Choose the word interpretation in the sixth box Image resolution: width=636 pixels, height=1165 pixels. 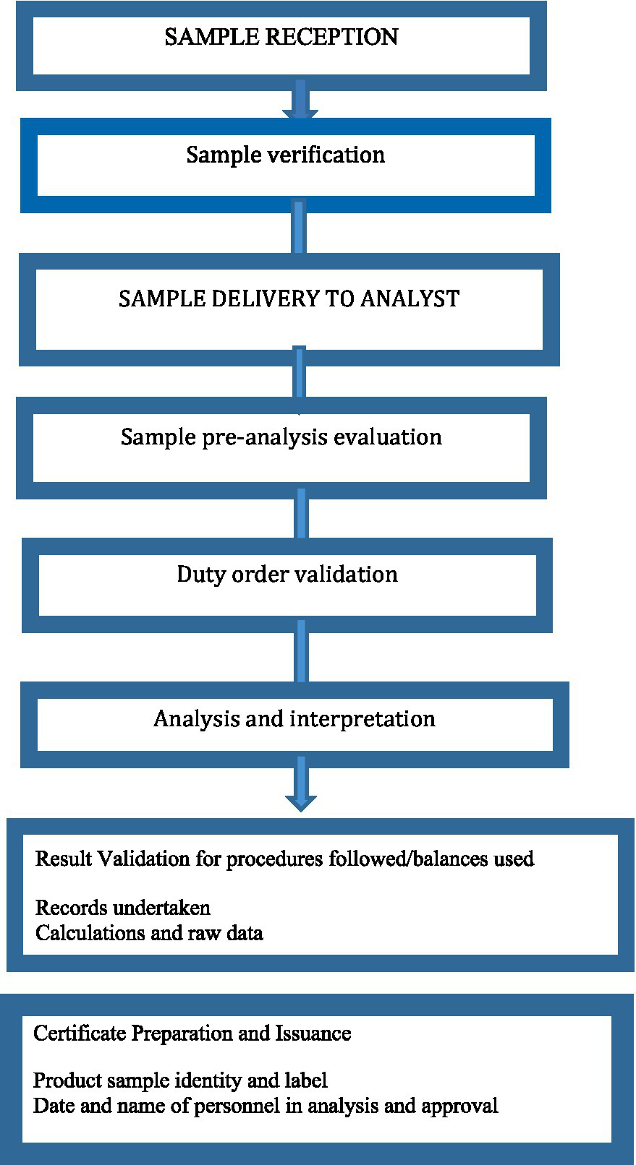point(362,719)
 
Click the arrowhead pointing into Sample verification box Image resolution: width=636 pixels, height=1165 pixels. point(300,113)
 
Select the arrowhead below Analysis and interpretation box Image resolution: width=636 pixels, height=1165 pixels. point(300,801)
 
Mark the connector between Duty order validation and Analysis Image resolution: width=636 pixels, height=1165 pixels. point(301,656)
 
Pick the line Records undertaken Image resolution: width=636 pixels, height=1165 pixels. point(122,908)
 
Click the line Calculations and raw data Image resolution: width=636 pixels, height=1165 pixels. point(149,933)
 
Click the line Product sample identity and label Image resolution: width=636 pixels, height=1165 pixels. point(180,1081)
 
